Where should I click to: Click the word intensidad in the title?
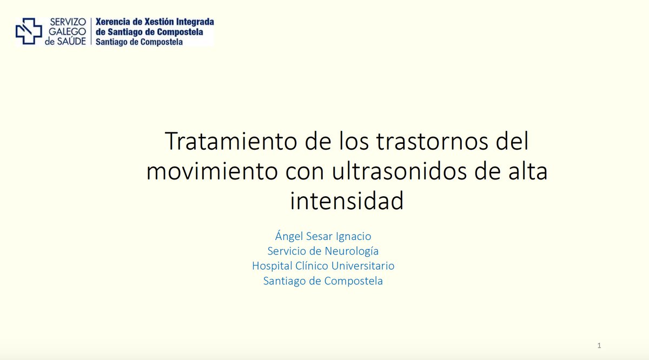347,201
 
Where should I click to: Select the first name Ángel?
290,236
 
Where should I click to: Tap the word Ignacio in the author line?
354,236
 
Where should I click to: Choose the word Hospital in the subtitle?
273,266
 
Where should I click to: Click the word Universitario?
365,266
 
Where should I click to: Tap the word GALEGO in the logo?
68,31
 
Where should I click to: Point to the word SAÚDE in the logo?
73,41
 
